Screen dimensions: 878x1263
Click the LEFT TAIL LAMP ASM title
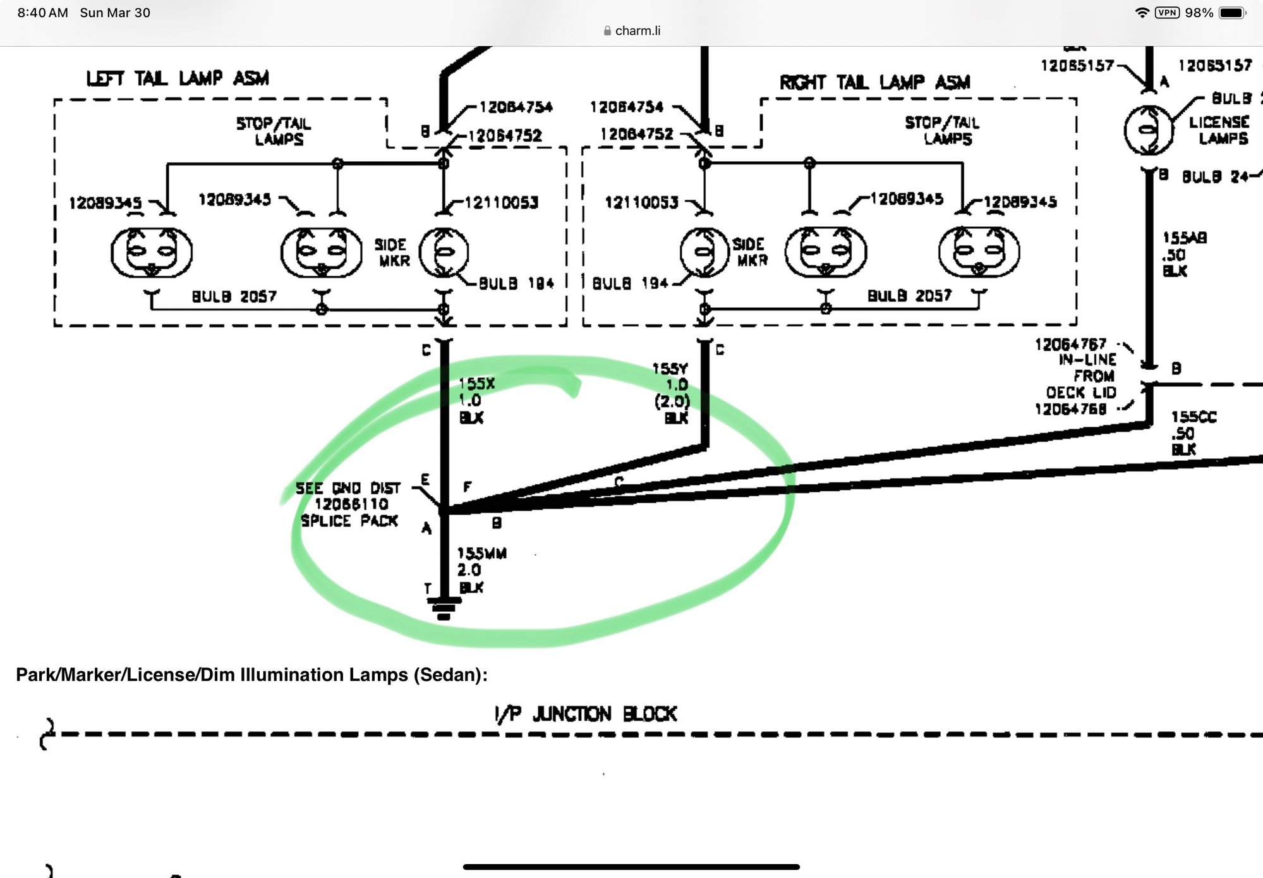(x=178, y=78)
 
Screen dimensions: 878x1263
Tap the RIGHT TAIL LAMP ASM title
(x=874, y=82)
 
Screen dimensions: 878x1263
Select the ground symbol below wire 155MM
(x=444, y=608)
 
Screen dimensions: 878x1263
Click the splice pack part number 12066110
(x=351, y=504)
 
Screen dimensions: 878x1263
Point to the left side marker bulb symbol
(x=444, y=252)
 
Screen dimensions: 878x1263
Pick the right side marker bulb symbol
(x=704, y=252)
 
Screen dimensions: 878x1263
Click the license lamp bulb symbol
(x=1149, y=130)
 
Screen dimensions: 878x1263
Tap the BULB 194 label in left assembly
(x=516, y=283)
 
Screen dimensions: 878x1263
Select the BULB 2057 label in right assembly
(x=909, y=295)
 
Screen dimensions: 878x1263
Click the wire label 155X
(x=477, y=384)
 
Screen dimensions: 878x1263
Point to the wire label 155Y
(x=670, y=369)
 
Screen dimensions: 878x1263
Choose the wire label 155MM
(x=482, y=553)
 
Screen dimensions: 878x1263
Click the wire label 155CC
(x=1194, y=417)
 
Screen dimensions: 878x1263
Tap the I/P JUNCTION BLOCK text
(x=586, y=714)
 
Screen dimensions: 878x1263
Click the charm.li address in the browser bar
(x=637, y=30)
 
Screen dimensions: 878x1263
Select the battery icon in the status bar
(x=1232, y=13)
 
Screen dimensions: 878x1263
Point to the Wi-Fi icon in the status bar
(x=1142, y=13)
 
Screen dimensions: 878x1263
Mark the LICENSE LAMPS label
(x=1219, y=130)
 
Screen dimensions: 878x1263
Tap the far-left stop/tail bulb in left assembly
(x=152, y=252)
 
